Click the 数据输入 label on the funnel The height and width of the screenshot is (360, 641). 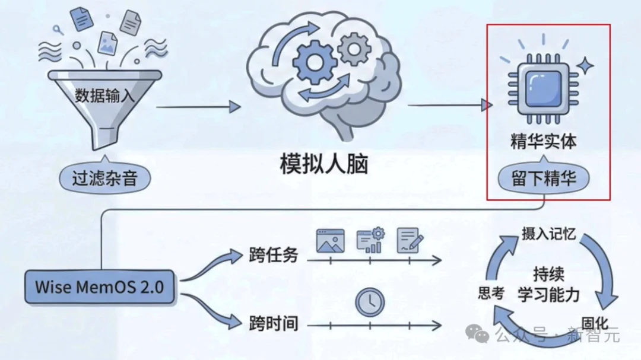(104, 95)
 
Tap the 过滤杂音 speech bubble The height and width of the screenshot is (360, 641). (104, 178)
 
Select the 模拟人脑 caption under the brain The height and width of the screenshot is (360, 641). (324, 164)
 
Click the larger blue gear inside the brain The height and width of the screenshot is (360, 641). (314, 62)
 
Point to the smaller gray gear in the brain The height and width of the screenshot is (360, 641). (354, 49)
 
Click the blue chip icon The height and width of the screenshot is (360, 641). (543, 88)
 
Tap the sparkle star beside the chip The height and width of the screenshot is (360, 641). (585, 66)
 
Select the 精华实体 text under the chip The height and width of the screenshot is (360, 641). (543, 141)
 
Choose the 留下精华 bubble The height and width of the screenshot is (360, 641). (543, 178)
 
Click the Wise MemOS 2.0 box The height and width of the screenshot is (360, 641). (99, 286)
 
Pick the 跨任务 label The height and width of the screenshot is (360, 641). (274, 255)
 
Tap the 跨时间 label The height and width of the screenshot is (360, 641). (274, 323)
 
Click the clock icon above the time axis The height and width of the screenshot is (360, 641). (370, 302)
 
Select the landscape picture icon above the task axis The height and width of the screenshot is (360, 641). (331, 241)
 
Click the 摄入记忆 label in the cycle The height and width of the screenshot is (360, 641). (548, 234)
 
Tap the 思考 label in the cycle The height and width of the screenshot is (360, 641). (491, 293)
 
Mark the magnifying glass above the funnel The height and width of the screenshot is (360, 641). (58, 30)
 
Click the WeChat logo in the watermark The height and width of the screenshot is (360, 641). (477, 334)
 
